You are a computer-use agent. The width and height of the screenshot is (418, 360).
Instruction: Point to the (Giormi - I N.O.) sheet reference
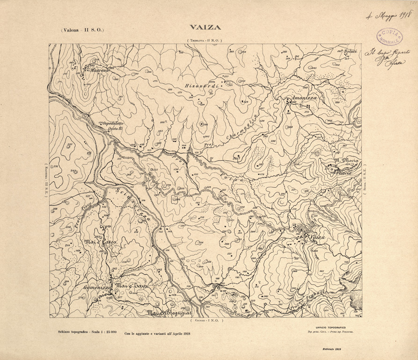(x=207, y=321)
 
